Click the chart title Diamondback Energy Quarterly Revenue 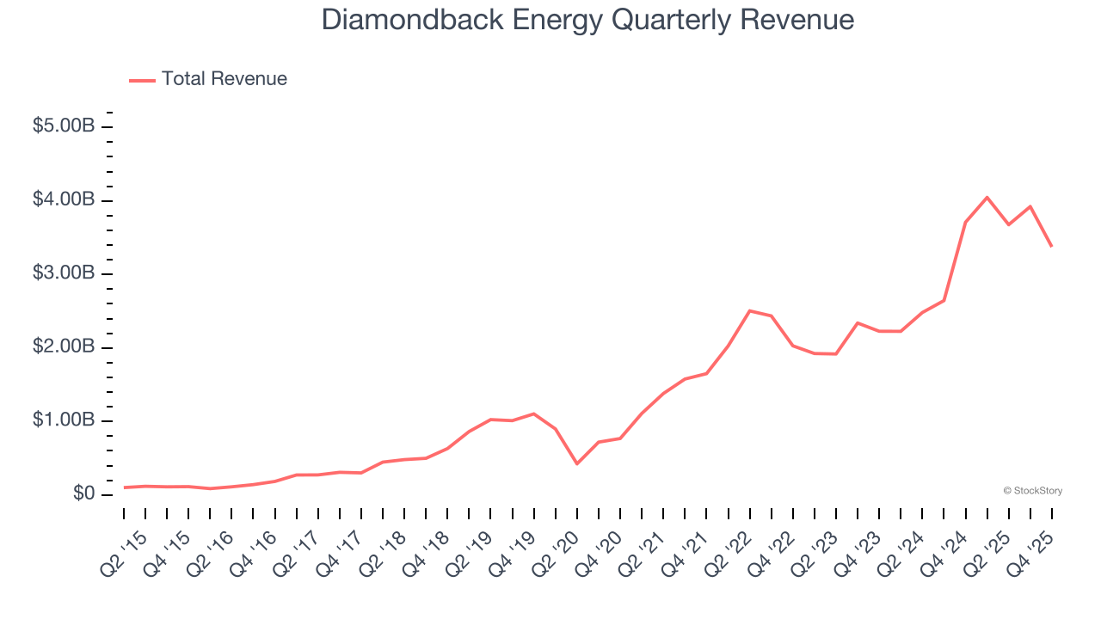pyautogui.click(x=588, y=20)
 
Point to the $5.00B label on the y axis pyautogui.click(x=64, y=126)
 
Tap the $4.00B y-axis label pyautogui.click(x=64, y=200)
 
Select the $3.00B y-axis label pyautogui.click(x=64, y=273)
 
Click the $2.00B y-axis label pyautogui.click(x=64, y=347)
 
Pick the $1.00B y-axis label pyautogui.click(x=64, y=420)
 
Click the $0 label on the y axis pyautogui.click(x=83, y=494)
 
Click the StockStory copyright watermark pyautogui.click(x=1032, y=491)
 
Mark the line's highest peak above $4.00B pyautogui.click(x=987, y=198)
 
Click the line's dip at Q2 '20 pyautogui.click(x=577, y=463)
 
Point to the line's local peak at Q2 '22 pyautogui.click(x=750, y=310)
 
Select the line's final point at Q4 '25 pyautogui.click(x=1051, y=246)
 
